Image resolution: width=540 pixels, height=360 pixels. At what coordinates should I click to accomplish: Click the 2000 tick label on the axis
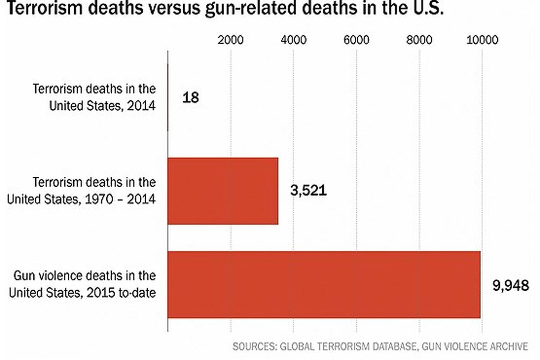[230, 40]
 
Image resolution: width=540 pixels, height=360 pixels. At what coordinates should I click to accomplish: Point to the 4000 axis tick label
[293, 40]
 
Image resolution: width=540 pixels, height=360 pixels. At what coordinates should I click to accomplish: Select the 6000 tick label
[356, 40]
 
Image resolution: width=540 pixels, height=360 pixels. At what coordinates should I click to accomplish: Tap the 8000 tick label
[419, 40]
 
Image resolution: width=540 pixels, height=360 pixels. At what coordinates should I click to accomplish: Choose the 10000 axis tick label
[482, 40]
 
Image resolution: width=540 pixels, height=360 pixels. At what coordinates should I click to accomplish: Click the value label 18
[190, 98]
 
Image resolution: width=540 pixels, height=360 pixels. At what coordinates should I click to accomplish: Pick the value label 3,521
[308, 191]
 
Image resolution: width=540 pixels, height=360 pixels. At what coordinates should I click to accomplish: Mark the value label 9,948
[510, 285]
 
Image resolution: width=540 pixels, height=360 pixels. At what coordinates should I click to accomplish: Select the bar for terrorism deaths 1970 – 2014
[223, 191]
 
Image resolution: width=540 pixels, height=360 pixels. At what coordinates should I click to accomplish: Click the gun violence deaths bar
[324, 285]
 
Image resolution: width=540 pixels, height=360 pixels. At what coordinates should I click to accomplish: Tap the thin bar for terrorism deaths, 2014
[168, 98]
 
